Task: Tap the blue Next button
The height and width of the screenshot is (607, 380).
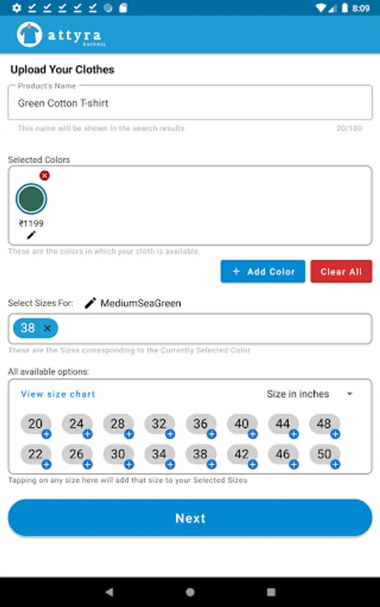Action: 190,517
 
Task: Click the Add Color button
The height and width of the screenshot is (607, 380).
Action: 263,271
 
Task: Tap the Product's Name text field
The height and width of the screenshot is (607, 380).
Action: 190,103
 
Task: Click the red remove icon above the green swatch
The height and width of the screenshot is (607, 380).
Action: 45,175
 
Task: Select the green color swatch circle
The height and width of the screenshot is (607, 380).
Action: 31,198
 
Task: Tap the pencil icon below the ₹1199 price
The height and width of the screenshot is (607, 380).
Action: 31,235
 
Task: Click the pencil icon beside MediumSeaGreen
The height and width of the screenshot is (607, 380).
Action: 90,303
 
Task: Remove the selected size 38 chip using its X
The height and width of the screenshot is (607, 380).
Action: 47,328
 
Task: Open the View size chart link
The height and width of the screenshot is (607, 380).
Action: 58,394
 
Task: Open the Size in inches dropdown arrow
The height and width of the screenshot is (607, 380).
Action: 350,394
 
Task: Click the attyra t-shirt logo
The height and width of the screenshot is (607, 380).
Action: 29,34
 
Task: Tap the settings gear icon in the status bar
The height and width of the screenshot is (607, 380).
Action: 17,7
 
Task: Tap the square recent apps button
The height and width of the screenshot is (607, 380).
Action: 271,592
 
